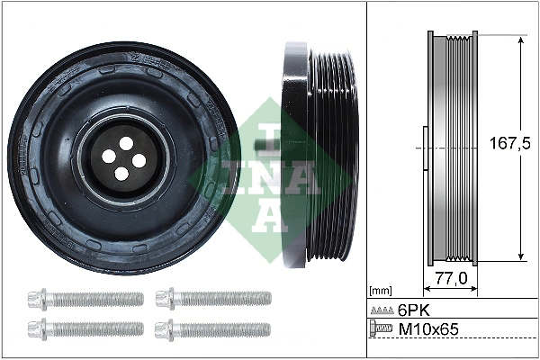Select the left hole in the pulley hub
coord(109,156)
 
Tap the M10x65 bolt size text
coord(428,330)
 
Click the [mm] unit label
coord(382,290)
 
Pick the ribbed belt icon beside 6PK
coord(382,310)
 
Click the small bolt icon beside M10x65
coord(382,330)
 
